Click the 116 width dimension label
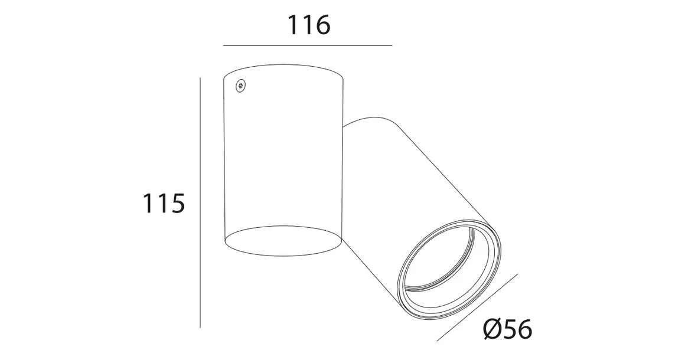[308, 25]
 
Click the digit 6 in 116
[322, 25]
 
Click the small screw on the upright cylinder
[240, 86]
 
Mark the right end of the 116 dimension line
[392, 45]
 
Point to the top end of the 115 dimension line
[201, 78]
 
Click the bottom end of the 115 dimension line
[201, 327]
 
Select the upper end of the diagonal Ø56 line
[517, 274]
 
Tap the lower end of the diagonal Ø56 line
[438, 341]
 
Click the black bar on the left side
[63, 180]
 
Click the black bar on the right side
[621, 180]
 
